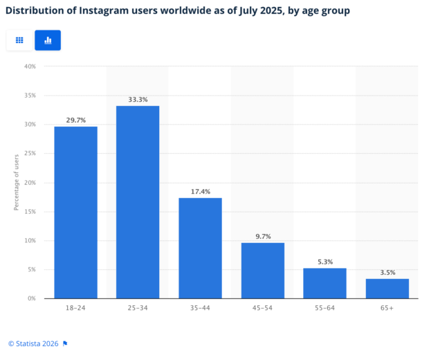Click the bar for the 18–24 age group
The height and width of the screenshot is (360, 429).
(75, 212)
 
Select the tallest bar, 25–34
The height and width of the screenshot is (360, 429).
(138, 201)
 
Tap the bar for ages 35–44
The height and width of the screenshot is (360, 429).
(200, 248)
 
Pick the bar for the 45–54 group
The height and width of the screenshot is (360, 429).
(262, 270)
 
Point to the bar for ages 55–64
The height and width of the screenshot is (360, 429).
(325, 283)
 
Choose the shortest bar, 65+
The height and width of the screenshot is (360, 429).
(387, 288)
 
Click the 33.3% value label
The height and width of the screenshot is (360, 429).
(138, 100)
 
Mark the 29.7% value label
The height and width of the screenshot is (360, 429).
(75, 120)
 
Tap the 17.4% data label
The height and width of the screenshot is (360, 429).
(200, 191)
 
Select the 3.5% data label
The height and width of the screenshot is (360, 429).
(387, 272)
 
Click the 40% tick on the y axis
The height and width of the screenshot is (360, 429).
(30, 66)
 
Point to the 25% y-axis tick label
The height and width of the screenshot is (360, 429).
(30, 154)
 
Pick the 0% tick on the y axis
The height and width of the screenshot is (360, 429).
(32, 298)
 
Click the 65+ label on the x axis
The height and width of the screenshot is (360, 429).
(387, 308)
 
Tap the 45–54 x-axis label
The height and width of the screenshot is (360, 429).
(262, 308)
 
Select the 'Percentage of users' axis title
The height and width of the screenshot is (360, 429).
(17, 183)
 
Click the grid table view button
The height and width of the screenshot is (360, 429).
(19, 40)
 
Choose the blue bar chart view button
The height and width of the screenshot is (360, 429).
(48, 40)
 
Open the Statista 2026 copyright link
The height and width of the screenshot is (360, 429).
(34, 343)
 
